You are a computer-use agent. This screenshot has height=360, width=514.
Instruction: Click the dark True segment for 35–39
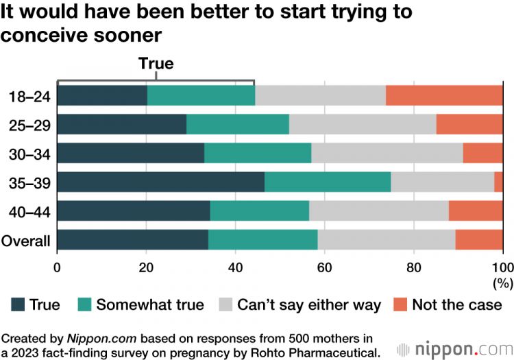160,182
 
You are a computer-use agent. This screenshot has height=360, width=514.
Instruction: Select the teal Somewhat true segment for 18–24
201,95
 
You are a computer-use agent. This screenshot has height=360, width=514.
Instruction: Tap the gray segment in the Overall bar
387,240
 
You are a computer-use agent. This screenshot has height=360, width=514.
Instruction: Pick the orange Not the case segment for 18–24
444,95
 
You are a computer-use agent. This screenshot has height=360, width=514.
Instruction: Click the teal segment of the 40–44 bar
259,211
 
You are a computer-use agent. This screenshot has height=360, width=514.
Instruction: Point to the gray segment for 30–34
387,153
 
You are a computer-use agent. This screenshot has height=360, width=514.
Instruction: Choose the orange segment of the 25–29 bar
469,124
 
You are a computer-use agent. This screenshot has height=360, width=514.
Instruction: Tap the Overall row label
27,241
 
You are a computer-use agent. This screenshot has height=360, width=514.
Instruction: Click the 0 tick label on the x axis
57,267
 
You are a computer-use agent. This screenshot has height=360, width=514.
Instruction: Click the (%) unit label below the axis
502,282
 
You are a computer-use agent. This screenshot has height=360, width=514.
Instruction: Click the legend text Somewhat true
150,305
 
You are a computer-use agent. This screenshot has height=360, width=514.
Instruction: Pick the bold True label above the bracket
156,64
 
